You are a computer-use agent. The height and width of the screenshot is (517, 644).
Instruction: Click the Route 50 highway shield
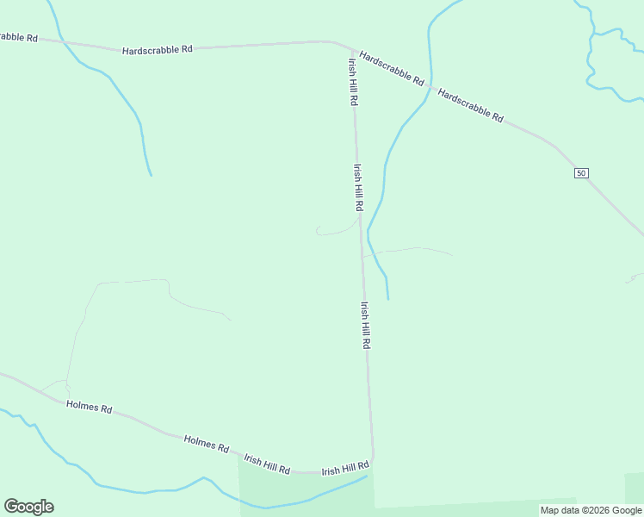[581, 173]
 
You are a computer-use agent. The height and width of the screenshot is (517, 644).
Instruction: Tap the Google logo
[28, 507]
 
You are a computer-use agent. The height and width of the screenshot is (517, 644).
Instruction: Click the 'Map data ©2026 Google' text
[591, 510]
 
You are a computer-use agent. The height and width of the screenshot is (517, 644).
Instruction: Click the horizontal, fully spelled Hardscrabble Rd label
[158, 50]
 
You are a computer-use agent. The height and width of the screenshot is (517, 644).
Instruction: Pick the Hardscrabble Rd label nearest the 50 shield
[470, 104]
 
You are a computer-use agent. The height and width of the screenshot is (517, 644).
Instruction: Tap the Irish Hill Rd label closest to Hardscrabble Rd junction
[352, 82]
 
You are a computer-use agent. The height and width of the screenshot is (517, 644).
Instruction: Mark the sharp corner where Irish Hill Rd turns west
[372, 459]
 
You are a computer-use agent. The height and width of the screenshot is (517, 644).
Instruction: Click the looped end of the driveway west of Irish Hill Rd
[318, 230]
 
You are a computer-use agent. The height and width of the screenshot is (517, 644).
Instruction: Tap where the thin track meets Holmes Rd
[66, 399]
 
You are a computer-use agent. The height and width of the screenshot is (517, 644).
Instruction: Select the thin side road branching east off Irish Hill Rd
[409, 251]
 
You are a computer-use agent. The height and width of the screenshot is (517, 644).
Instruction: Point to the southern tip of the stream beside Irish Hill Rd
[388, 298]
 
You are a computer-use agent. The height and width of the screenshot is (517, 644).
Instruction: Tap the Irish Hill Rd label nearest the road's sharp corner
[345, 470]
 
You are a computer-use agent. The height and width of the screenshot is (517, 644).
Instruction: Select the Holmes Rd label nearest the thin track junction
[89, 408]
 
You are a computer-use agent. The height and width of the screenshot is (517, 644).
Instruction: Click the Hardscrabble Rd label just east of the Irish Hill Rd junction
[392, 68]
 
